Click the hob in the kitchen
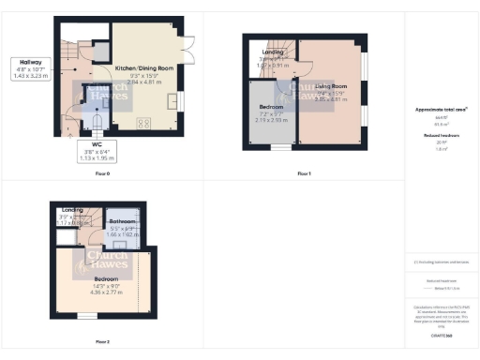tap(144, 122)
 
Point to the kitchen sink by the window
tap(172, 100)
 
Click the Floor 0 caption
tap(102, 174)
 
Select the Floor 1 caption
tap(303, 174)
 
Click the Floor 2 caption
tap(101, 342)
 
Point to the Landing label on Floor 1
tap(273, 52)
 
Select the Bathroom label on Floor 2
tap(123, 221)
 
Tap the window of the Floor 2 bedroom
tap(86, 316)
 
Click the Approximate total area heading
tap(442, 110)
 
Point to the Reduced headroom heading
tap(441, 136)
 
